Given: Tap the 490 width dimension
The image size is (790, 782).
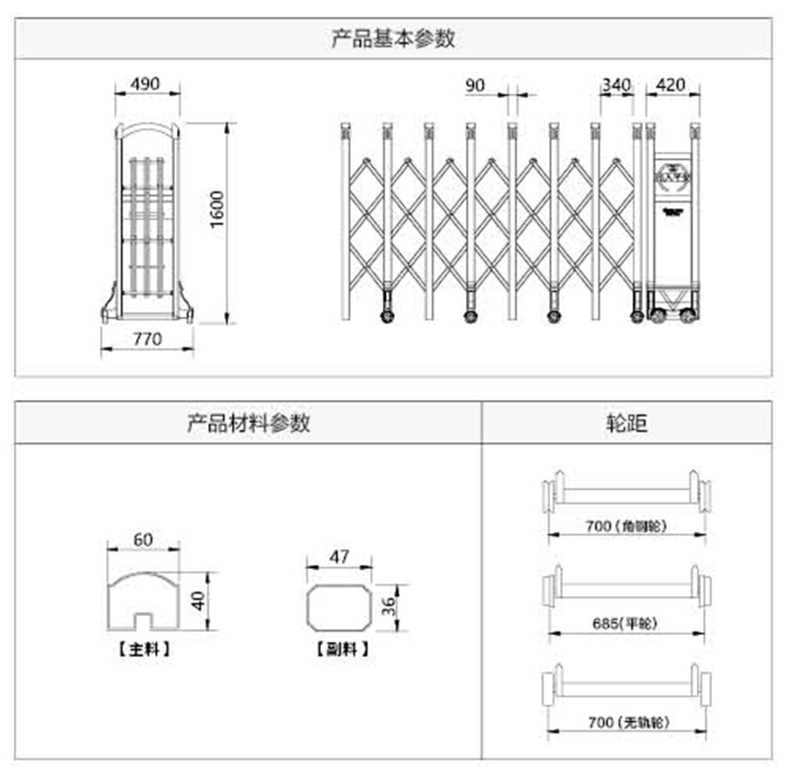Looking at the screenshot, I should tap(145, 85).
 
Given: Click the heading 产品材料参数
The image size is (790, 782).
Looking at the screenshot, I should tap(249, 423).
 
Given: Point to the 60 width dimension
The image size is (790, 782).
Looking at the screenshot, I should tap(143, 539).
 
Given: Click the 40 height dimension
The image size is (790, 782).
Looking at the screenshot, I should tap(197, 598).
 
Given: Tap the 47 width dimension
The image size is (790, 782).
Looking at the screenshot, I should tap(339, 557).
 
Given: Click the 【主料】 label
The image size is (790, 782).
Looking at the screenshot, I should tap(144, 651).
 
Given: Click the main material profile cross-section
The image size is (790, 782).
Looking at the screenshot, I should tap(144, 598).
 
